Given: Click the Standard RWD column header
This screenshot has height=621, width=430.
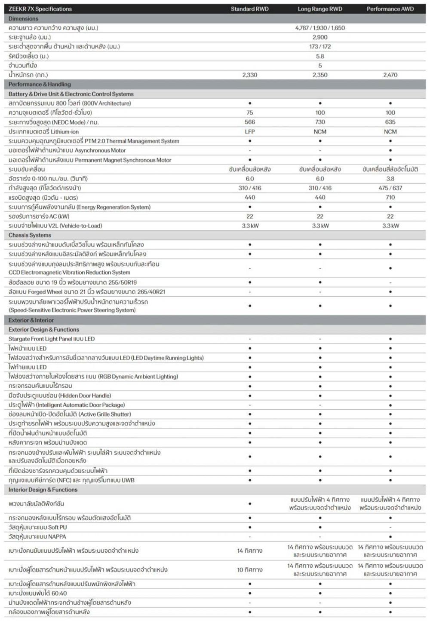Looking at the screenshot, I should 249,9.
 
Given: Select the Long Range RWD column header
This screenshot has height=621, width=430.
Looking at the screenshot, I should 320,9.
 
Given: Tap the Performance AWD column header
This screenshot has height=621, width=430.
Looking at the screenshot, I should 390,9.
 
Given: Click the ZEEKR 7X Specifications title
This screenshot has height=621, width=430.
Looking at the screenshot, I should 40,9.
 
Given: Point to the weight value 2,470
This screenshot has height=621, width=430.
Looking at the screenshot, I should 390,75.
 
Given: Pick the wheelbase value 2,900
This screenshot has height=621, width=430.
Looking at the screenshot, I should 320,37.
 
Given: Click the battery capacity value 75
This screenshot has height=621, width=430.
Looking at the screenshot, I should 249,113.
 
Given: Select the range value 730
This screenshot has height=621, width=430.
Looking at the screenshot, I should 320,122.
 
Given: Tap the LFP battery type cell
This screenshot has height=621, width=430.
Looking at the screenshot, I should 249,131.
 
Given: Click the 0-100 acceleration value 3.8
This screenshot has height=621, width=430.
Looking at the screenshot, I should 390,179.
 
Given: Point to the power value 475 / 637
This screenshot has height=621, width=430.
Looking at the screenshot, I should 390,188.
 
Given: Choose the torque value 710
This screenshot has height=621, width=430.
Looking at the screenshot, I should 390,198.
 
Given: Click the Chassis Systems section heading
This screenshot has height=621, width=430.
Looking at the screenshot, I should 30,235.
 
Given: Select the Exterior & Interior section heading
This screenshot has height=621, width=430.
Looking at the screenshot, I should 31,320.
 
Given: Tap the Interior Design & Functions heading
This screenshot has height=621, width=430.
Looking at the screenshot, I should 43,490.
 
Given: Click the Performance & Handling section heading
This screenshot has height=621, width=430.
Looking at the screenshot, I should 40,84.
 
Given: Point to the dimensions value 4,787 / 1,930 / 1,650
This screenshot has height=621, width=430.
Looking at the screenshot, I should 320,28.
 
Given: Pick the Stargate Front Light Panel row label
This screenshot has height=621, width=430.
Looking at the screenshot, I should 52,339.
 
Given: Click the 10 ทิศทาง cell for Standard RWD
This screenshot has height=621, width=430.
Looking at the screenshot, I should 249,570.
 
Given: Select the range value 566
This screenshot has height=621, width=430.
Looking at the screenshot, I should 249,122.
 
